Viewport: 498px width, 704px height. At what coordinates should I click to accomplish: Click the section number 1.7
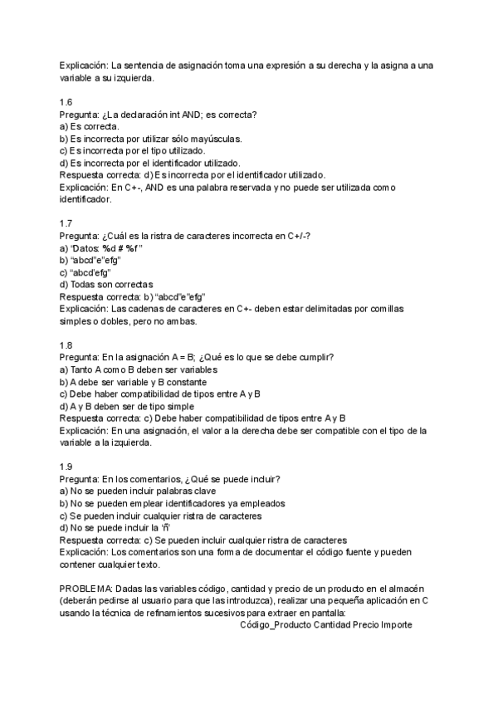coord(66,224)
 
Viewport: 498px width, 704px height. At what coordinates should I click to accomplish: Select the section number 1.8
coord(66,345)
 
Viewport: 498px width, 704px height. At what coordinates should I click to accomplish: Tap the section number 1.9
coord(66,467)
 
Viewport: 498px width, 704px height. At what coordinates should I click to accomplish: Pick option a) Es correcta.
coord(89,127)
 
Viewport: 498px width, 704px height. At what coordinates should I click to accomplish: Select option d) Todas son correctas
coord(106,285)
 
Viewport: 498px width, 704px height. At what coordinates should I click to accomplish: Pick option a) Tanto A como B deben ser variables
coord(139,369)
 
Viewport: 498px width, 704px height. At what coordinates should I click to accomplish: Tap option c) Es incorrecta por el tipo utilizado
coord(132,151)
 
